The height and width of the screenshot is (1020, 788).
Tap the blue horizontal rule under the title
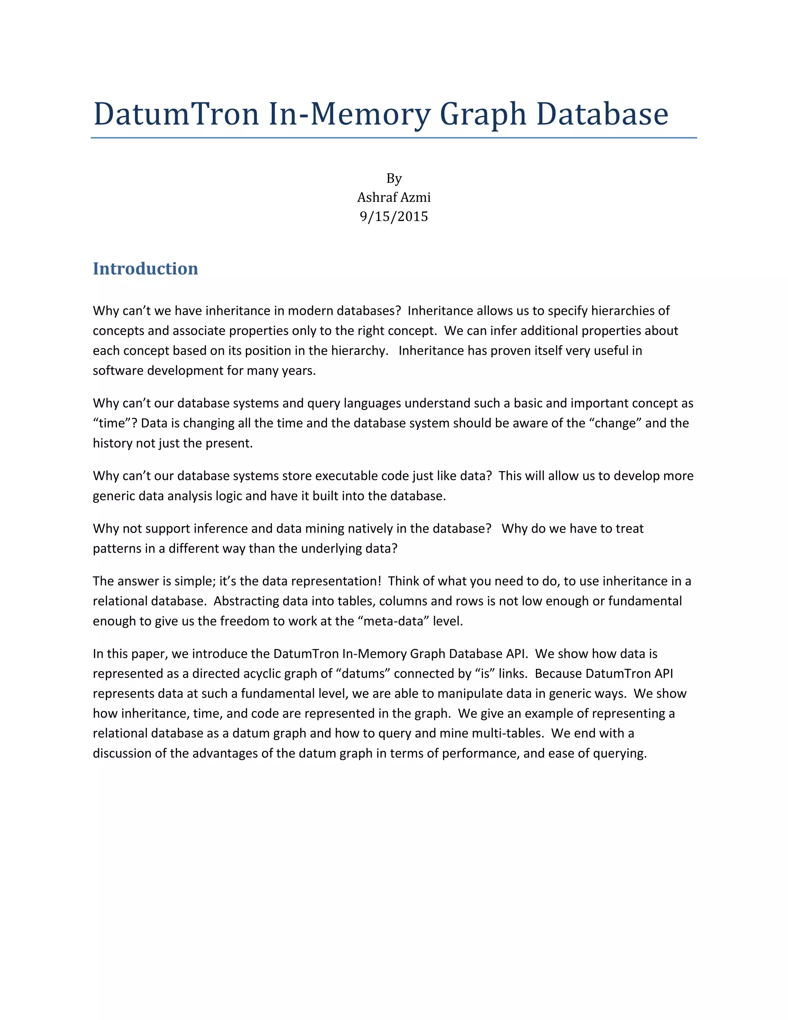(394, 138)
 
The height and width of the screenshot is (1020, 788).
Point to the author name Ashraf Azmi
(394, 197)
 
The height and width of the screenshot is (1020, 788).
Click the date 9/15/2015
(394, 216)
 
